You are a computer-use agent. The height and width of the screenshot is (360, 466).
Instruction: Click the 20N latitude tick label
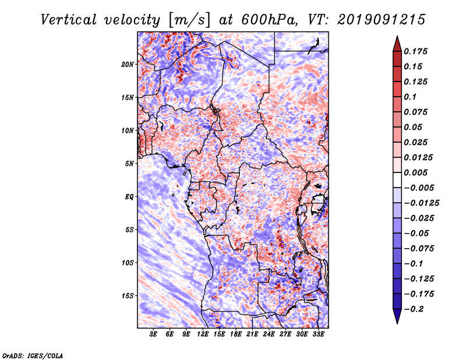click(128, 64)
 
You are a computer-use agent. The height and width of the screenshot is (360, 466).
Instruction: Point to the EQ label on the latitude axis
click(129, 196)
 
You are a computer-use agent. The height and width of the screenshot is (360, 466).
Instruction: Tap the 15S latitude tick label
click(128, 295)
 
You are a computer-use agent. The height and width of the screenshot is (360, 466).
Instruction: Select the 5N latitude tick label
click(129, 163)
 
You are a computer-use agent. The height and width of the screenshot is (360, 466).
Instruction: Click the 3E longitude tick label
click(154, 334)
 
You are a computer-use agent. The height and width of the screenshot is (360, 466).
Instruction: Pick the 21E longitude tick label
click(252, 334)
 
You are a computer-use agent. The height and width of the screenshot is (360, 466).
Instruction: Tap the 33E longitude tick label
click(318, 334)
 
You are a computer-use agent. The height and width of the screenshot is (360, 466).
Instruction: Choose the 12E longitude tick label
click(203, 334)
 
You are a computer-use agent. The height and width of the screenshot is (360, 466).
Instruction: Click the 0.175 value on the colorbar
click(416, 51)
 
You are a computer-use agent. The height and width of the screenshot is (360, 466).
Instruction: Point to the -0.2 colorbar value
click(414, 309)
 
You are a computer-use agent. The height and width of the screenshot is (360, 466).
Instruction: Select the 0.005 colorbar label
click(416, 172)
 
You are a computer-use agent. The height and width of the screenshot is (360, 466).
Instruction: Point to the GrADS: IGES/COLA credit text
click(32, 355)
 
